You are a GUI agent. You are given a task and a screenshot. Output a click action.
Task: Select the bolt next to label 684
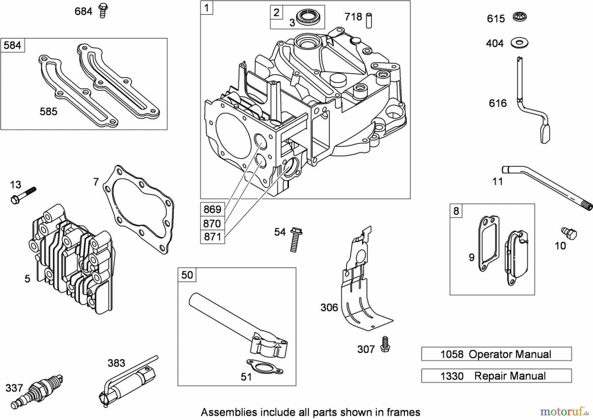click(103, 11)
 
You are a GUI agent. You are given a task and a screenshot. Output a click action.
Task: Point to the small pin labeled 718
click(369, 20)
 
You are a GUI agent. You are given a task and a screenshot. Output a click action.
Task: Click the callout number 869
click(212, 210)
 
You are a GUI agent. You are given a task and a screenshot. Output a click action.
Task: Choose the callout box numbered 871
click(212, 237)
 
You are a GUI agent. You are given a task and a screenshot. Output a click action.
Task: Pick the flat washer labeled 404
click(520, 42)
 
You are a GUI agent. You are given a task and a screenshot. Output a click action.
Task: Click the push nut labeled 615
click(520, 16)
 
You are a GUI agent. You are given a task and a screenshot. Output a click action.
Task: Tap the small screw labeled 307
click(384, 344)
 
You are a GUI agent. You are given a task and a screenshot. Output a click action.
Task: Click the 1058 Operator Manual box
click(496, 354)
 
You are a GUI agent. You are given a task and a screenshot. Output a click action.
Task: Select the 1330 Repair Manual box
click(496, 376)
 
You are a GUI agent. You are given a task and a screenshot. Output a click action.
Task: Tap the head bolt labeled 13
click(23, 195)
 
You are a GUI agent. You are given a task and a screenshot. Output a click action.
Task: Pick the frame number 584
click(13, 45)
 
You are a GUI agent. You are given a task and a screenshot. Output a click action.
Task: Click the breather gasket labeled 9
click(488, 244)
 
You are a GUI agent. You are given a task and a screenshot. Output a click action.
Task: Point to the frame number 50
click(187, 275)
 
